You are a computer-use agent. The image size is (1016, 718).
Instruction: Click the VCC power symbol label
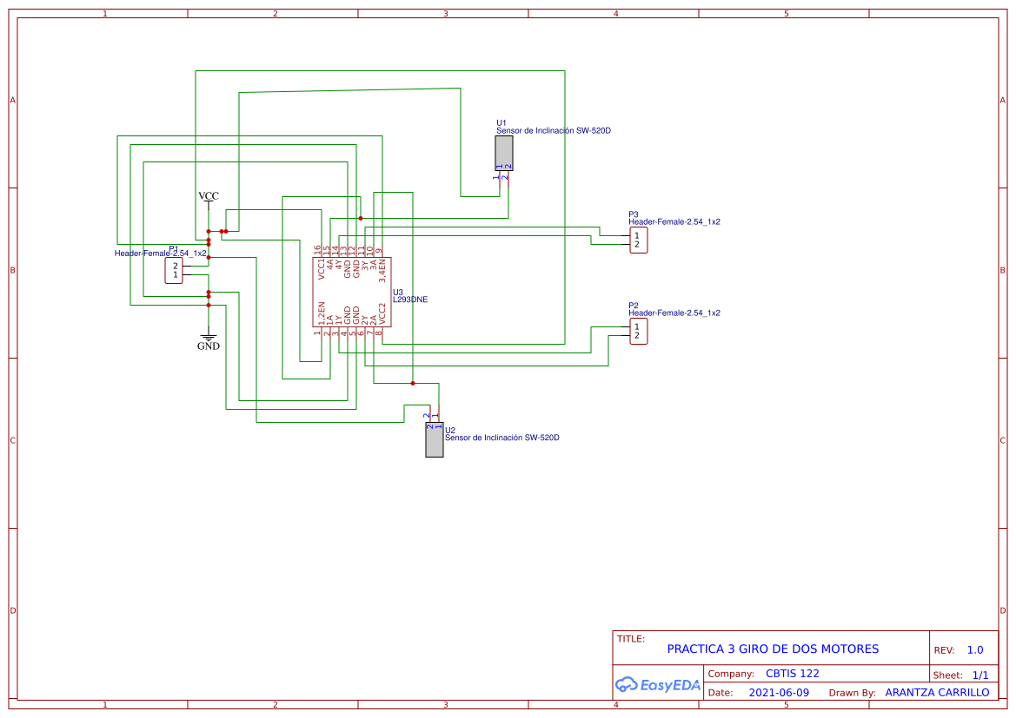coord(209,196)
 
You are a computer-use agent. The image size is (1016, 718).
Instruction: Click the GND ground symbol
coord(209,339)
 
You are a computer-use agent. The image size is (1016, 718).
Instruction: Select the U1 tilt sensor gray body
coord(503,154)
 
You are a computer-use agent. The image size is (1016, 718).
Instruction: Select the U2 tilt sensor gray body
coord(434,440)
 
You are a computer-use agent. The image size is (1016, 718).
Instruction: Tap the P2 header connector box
coord(638,331)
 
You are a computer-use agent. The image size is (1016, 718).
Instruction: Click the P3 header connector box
coord(638,240)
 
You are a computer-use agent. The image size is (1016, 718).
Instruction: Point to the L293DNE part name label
coord(410,300)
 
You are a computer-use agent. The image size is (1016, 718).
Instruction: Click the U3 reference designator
coord(398,292)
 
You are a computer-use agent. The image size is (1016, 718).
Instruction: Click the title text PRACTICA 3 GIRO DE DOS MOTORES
coord(773,649)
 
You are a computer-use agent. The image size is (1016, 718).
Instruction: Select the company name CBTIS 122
coord(792,674)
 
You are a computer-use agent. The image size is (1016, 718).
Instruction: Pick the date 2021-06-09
coord(779,693)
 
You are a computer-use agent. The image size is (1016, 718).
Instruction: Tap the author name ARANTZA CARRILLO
coord(937,693)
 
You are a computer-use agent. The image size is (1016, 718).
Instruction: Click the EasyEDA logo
coord(658,684)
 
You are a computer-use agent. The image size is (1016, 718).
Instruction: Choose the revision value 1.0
coord(974,649)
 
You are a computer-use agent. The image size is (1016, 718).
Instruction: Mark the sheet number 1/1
coord(979,675)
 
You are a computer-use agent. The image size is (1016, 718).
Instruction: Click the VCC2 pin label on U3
coord(382,313)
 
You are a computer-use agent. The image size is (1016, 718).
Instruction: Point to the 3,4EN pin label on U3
coord(382,271)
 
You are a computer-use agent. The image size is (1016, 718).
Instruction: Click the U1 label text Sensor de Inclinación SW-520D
coord(553,131)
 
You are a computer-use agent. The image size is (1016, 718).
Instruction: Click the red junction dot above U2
coord(413,383)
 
